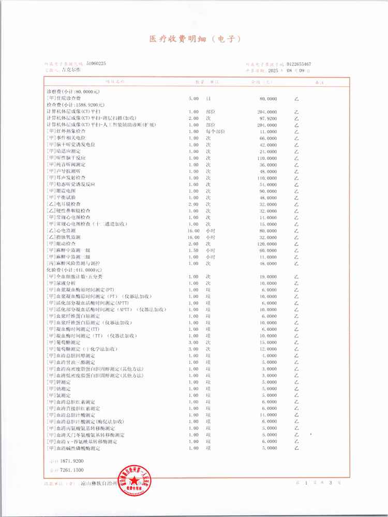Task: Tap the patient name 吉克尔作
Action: point(71,69)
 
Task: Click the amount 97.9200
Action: point(267,118)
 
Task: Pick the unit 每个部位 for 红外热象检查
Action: point(215,131)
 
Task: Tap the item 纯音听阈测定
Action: point(68,164)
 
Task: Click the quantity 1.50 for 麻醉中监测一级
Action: point(193,250)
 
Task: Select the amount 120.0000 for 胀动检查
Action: point(266,243)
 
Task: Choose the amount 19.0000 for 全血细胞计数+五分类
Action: point(267,277)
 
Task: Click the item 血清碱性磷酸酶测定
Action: point(76,448)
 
